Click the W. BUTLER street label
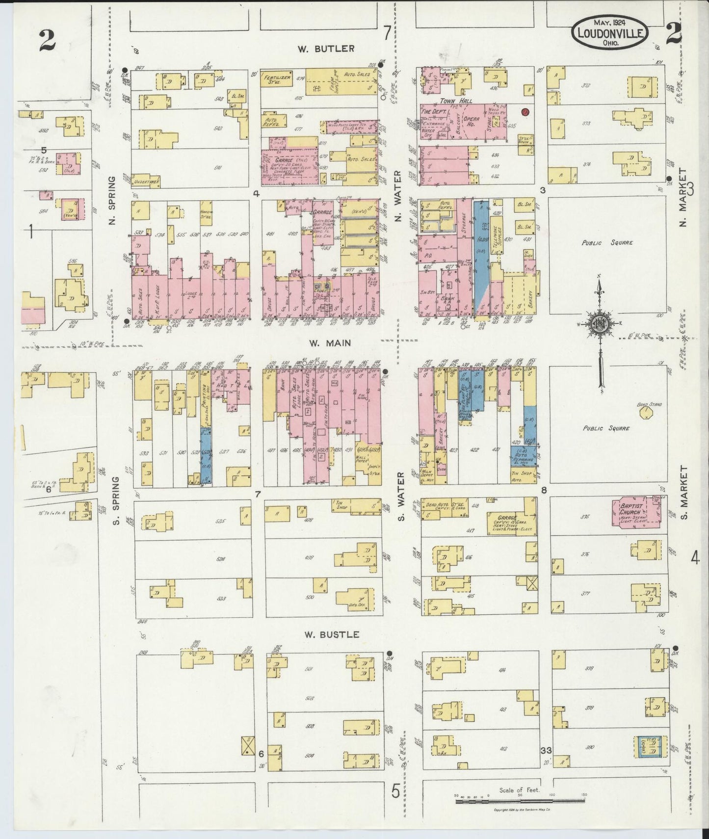tap(326, 49)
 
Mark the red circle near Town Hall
tap(525, 112)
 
